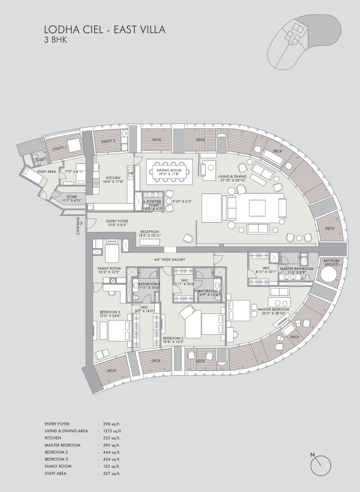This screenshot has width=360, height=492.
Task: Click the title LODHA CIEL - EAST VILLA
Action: point(104,30)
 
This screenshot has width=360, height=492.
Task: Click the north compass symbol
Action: point(321,465)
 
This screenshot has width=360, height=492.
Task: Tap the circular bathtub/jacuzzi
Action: point(330,271)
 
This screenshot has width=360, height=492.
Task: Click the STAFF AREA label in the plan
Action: point(46,171)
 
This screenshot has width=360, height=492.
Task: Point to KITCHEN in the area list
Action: point(54,438)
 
